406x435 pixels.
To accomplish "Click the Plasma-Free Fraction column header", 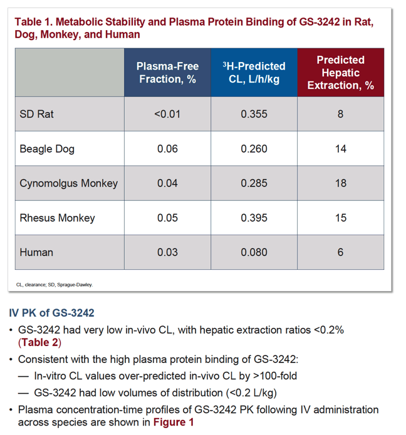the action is click(167, 73).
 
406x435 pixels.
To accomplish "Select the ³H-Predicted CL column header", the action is click(254, 73).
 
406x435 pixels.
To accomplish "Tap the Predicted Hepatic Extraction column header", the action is click(341, 73).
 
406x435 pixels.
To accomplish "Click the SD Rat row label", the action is click(37, 114).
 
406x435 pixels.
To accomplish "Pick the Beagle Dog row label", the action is click(47, 149).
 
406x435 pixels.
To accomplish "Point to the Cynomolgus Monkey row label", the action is click(68, 183).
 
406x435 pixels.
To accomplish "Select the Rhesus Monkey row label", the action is click(57, 218).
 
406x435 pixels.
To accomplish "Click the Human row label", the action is click(36, 252).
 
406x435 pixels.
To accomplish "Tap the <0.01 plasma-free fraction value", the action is click(167, 114).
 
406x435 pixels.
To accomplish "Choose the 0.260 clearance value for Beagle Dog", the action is click(254, 149).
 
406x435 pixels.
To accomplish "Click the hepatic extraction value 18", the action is click(341, 183).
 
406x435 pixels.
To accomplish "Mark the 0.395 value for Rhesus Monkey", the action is click(254, 218).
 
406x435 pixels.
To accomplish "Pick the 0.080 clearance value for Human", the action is click(254, 252).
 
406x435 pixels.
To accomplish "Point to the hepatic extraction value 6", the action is click(340, 252).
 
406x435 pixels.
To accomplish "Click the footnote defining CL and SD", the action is click(55, 285).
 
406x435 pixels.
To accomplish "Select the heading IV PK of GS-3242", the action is click(51, 313).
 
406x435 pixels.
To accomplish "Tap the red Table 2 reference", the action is click(39, 342).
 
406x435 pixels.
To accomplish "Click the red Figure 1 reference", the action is click(174, 422).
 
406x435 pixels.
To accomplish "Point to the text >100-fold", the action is click(275, 376).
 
